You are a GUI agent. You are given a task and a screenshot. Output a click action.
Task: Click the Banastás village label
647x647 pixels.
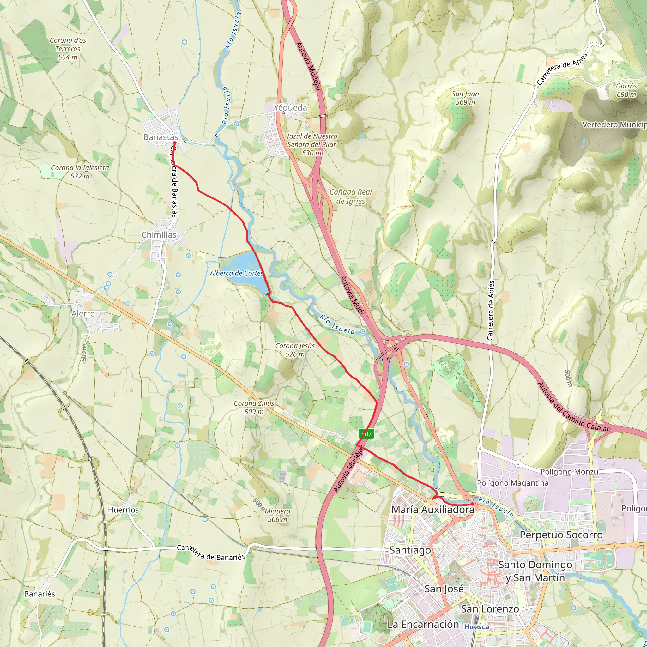click(161, 137)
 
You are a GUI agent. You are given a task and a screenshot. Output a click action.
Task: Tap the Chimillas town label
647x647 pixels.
click(159, 235)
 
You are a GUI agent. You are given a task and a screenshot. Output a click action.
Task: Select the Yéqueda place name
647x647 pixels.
click(290, 107)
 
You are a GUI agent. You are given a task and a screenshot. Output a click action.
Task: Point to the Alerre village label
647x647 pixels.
click(83, 314)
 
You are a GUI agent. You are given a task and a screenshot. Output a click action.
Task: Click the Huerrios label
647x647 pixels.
click(123, 510)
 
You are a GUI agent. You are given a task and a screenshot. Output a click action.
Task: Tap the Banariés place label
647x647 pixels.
click(39, 594)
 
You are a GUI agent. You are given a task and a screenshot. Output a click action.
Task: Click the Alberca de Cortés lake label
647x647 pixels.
click(236, 273)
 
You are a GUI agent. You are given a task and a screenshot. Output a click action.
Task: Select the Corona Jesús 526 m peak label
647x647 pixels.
click(295, 350)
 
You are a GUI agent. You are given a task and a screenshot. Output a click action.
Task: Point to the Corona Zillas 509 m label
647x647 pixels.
click(254, 408)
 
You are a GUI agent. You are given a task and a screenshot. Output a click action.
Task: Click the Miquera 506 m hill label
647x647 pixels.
click(277, 515)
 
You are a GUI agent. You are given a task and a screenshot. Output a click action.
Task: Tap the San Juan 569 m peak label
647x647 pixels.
click(465, 98)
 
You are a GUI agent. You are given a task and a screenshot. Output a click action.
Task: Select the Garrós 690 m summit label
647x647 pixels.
click(626, 90)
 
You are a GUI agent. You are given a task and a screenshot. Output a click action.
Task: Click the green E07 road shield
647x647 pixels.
click(366, 434)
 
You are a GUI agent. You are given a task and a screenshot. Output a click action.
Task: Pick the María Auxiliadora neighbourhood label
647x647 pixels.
click(433, 509)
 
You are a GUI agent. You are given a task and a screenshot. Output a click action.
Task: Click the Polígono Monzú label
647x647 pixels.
click(569, 472)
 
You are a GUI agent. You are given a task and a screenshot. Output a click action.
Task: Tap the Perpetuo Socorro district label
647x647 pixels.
click(561, 535)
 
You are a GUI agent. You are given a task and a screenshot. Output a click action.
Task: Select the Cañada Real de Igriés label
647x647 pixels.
click(351, 197)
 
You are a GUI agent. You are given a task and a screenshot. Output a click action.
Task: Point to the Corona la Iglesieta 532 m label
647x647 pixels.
click(80, 172)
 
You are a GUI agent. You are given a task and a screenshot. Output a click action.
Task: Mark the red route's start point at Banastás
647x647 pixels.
click(174, 143)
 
